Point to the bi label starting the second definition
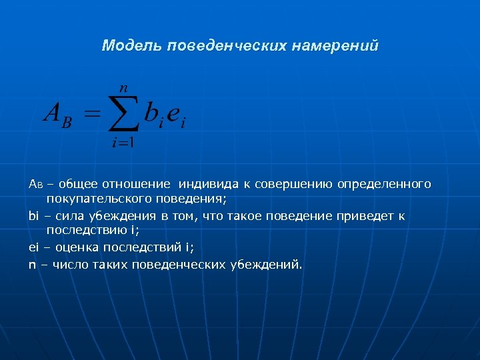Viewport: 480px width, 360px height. [x=34, y=216]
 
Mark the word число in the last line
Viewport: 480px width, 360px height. [x=66, y=265]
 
